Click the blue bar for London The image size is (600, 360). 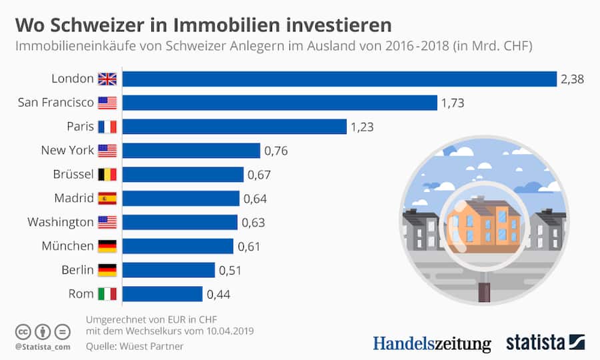(x=339, y=79)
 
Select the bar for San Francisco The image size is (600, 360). (x=279, y=103)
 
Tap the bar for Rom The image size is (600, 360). (x=162, y=294)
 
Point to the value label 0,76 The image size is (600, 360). (x=276, y=151)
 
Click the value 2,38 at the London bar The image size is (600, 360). (x=572, y=79)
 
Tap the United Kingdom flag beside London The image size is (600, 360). (x=107, y=79)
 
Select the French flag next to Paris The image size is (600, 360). (x=107, y=127)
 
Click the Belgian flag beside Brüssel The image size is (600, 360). (x=107, y=175)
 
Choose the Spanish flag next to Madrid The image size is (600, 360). (x=107, y=198)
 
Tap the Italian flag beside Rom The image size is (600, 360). (x=107, y=294)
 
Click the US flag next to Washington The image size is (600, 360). (x=107, y=222)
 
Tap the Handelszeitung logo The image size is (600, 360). (x=431, y=343)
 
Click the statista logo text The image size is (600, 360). (x=535, y=343)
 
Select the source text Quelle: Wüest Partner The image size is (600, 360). (x=134, y=346)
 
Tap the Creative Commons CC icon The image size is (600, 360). (x=23, y=331)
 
